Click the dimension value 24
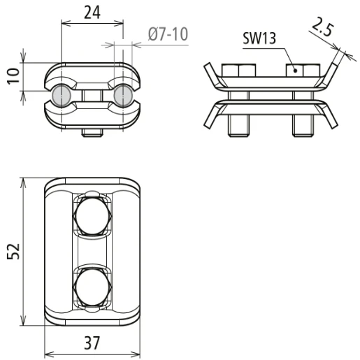92,13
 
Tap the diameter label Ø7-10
168,34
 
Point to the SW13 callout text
259,38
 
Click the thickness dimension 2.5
322,29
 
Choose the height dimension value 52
13,252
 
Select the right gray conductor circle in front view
123,96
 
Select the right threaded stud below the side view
301,126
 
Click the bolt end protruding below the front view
92,132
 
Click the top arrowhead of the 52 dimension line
25,181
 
